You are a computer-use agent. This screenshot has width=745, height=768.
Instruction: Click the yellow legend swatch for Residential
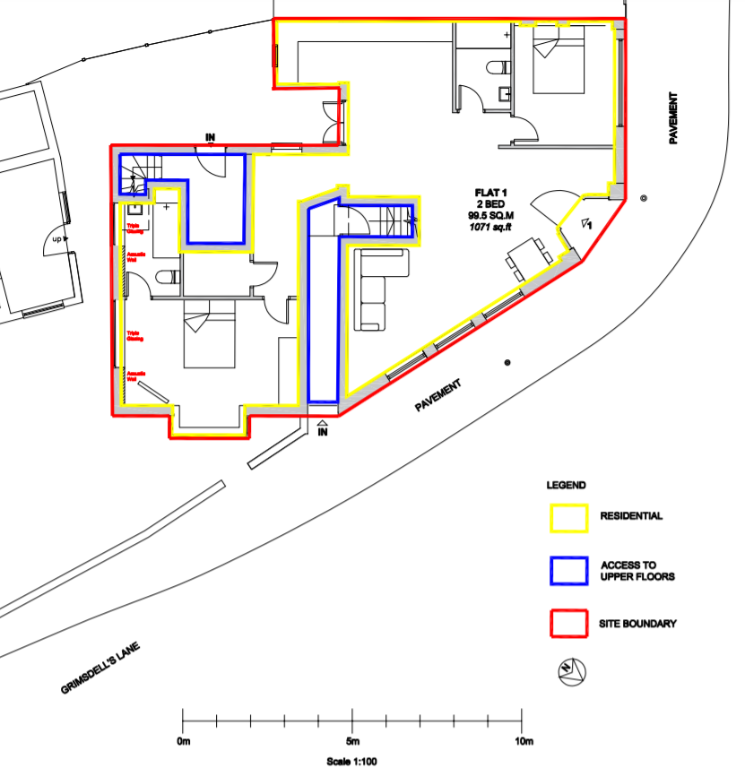coord(567,517)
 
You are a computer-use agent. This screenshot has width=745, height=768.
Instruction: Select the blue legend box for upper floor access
coord(567,570)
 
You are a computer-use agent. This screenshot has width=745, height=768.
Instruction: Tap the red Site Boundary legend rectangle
coord(567,623)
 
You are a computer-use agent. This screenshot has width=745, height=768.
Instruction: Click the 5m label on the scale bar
coord(353,742)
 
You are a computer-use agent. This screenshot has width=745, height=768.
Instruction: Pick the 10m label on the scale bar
coord(524,742)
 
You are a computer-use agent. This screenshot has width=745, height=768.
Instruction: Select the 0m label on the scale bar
coord(184,742)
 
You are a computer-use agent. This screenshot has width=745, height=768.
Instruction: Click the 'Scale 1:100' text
coord(353,762)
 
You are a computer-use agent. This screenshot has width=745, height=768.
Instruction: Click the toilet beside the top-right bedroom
coord(501,68)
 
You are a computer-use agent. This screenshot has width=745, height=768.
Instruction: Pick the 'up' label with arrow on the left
coord(59,239)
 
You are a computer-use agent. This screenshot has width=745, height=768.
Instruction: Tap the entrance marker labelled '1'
coord(587,224)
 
